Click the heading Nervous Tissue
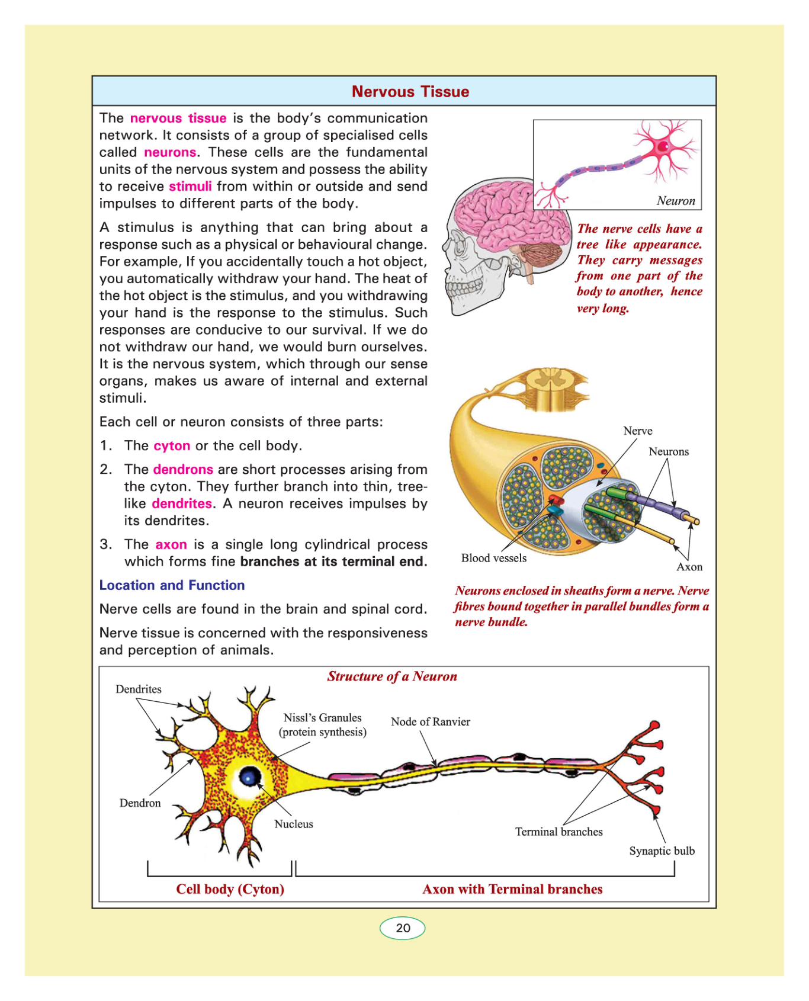410,92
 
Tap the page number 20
403,928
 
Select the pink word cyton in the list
172,446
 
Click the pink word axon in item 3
171,545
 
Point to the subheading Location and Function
172,586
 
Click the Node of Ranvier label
430,722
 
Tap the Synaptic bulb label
662,851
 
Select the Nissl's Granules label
322,718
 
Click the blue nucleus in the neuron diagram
249,776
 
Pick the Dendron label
140,803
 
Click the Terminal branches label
558,832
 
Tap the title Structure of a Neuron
392,677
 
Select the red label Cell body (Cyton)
230,890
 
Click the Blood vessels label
493,559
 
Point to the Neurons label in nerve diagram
669,452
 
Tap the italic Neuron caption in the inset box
676,201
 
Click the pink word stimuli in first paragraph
190,187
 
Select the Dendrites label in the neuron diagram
138,689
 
